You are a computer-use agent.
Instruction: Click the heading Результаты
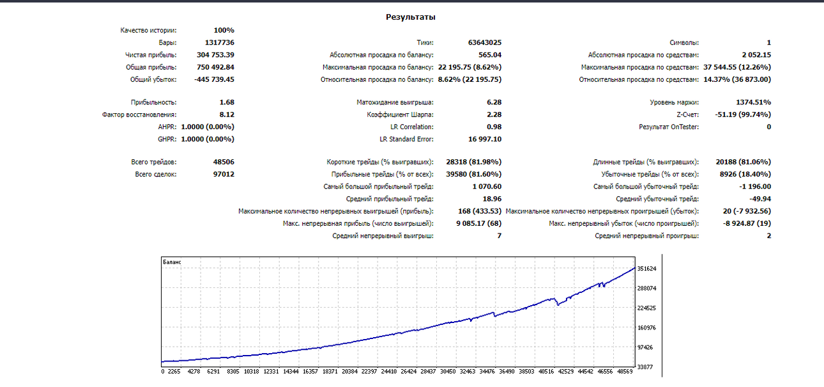coord(411,17)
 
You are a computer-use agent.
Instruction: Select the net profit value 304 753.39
coord(215,55)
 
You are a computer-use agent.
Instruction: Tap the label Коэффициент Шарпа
coord(400,115)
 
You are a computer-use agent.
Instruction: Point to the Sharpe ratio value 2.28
coord(494,115)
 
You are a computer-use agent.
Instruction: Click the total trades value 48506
coord(224,162)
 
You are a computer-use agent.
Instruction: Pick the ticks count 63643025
coord(485,43)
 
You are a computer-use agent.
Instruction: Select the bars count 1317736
coord(220,43)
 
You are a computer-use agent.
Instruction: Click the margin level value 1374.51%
coord(753,102)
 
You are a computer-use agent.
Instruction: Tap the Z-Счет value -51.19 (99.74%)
coord(743,115)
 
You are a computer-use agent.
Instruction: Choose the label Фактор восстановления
coord(139,115)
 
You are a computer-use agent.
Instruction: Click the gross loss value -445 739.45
coord(214,79)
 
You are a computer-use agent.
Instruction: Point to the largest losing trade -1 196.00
coord(755,187)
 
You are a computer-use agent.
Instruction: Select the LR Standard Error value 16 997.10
coord(485,139)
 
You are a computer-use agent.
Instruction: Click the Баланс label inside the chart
coord(172,262)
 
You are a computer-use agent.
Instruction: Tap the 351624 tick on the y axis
coord(646,269)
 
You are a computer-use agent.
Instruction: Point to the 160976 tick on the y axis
coord(646,328)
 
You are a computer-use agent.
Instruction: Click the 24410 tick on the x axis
coord(389,372)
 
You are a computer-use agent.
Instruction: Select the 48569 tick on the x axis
coord(625,372)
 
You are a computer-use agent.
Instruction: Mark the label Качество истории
coord(148,31)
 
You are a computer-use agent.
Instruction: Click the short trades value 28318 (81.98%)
coord(474,162)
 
